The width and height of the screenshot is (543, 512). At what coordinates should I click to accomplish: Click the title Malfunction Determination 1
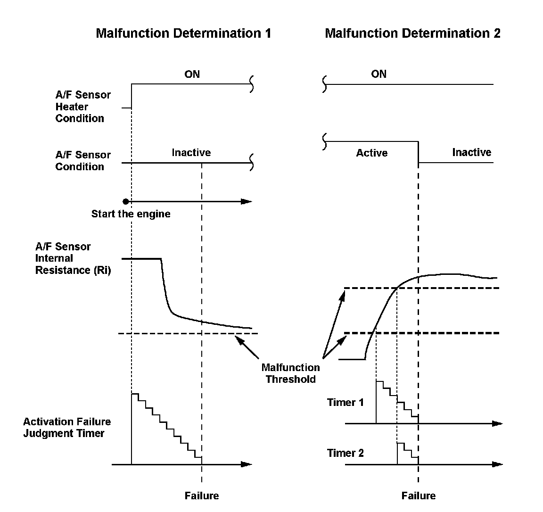tap(183, 33)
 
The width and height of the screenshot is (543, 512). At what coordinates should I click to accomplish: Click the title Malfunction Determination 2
tap(412, 33)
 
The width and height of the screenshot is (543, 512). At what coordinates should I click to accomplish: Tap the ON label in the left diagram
tap(192, 74)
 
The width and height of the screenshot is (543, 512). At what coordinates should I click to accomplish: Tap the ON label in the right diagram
tap(378, 74)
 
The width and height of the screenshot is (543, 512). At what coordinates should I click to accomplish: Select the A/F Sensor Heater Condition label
tap(83, 107)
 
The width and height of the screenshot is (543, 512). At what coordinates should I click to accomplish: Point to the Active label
tap(372, 153)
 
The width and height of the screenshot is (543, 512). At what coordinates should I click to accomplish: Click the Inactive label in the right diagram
tap(471, 152)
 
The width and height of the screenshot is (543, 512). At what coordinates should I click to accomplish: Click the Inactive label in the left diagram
tap(191, 152)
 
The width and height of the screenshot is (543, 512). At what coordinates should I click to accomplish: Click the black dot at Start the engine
tap(125, 202)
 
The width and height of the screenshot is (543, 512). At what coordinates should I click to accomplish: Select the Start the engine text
tap(131, 214)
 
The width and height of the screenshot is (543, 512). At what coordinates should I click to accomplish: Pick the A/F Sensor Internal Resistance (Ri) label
tap(73, 258)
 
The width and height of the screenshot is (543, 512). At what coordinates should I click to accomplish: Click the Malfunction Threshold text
tap(290, 373)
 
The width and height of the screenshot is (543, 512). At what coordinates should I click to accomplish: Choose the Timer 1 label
tap(346, 402)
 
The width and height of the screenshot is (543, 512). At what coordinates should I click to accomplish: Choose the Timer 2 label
tap(346, 453)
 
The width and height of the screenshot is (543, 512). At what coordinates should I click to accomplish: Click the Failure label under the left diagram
tap(202, 495)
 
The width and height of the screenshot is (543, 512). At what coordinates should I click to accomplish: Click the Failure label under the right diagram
tap(419, 495)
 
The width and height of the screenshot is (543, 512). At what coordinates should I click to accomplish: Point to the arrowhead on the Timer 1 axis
tap(498, 423)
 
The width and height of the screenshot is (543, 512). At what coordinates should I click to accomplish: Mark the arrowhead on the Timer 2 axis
tap(498, 464)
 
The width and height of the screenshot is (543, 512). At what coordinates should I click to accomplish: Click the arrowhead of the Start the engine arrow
tap(247, 202)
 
